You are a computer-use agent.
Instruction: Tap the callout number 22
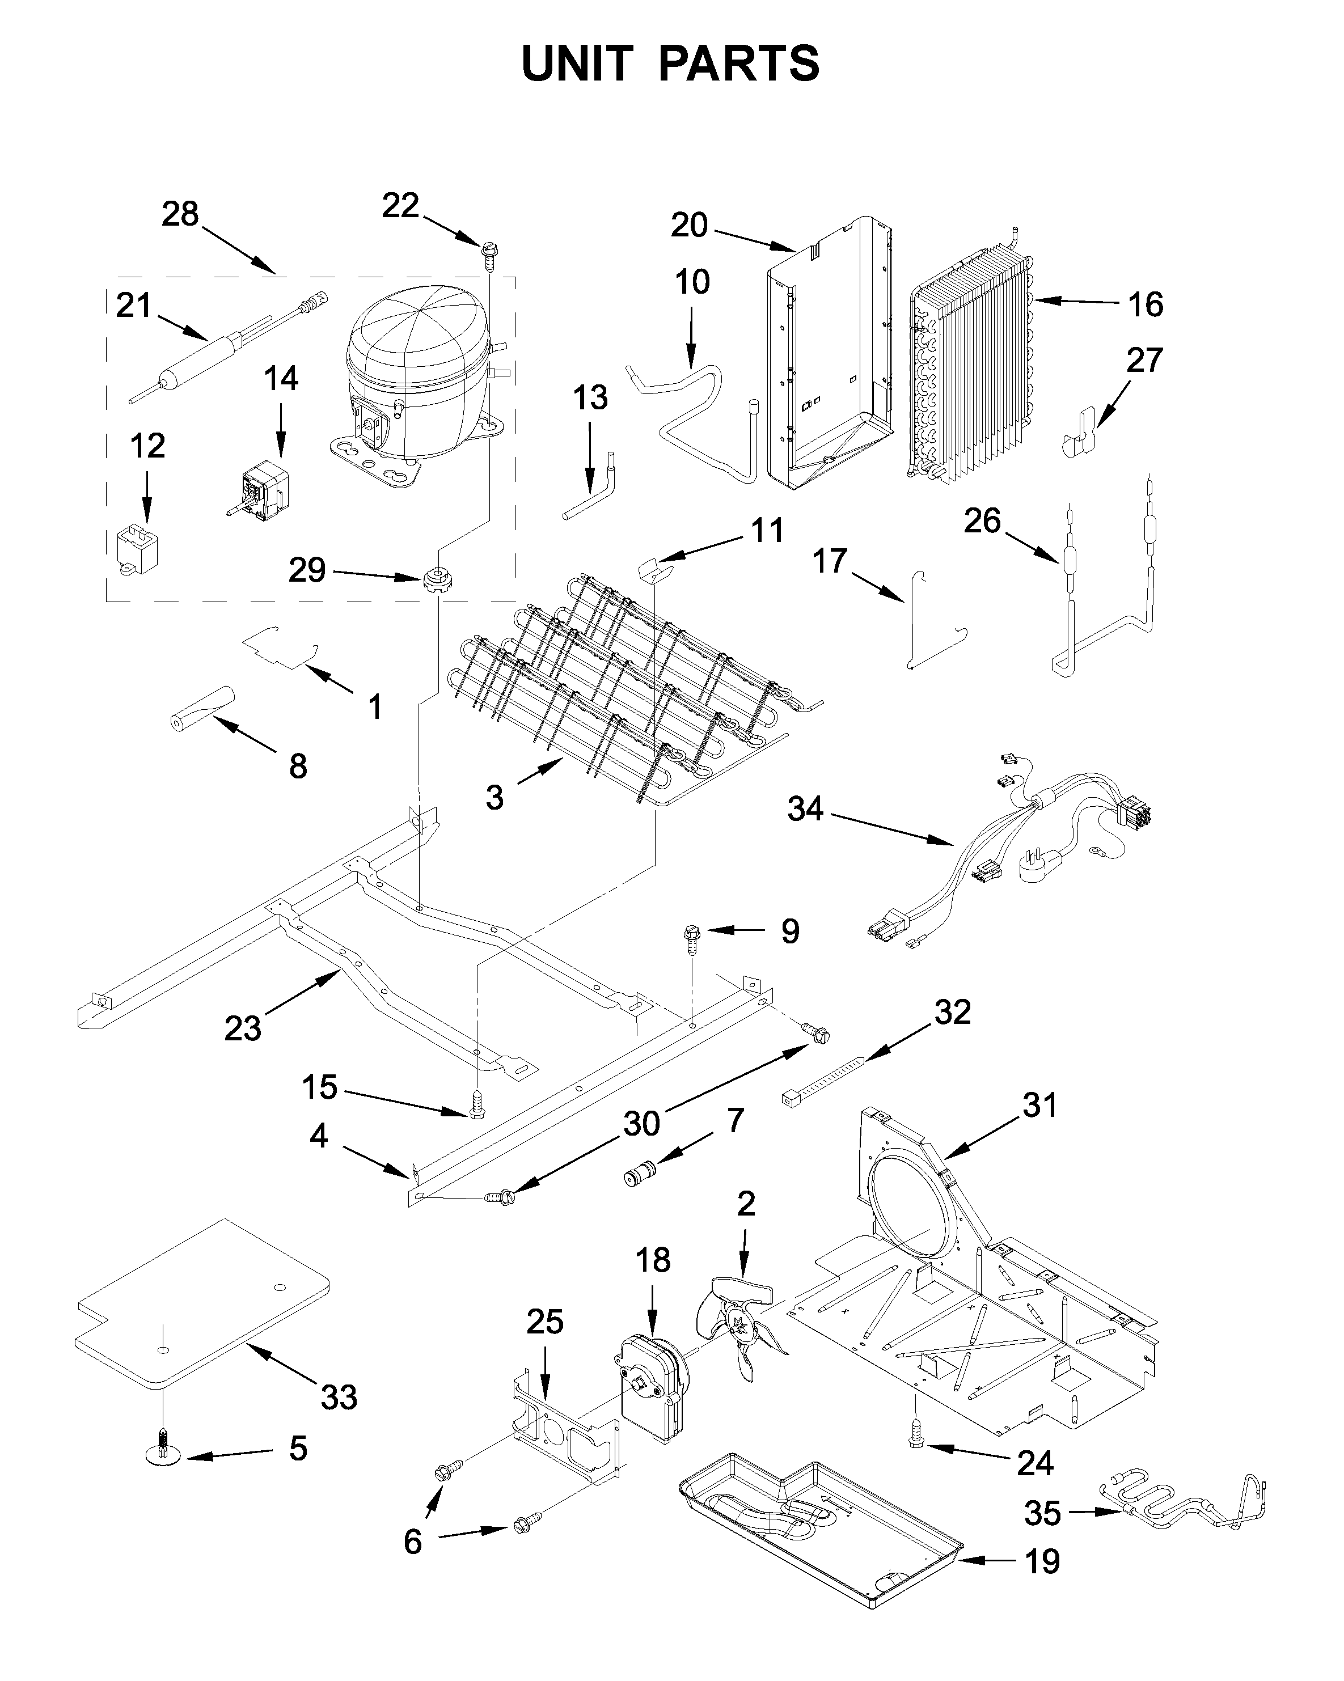400,206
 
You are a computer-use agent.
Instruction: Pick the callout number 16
1144,304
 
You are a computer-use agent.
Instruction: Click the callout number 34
805,808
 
